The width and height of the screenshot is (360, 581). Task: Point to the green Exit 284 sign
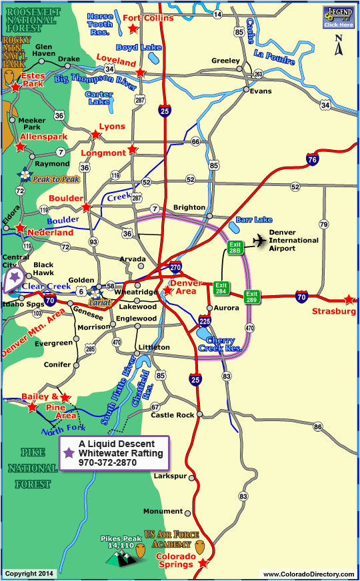tap(221, 289)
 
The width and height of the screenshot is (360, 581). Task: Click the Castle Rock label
tap(172, 415)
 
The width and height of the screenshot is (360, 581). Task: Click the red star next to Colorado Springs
tap(203, 564)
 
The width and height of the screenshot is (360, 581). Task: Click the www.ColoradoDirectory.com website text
tap(308, 574)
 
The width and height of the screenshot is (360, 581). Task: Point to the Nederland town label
tap(51, 233)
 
